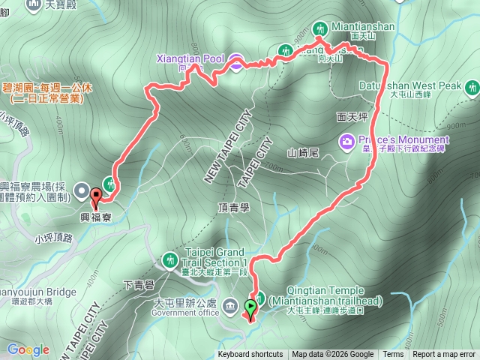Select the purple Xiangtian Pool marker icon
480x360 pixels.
tap(235, 63)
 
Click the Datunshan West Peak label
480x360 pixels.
tap(411, 85)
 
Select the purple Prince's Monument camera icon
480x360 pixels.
tap(346, 140)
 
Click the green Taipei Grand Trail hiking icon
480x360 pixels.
tap(169, 260)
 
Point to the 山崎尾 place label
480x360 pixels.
tap(304, 153)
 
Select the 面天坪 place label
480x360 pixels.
tap(352, 118)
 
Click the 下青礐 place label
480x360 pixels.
tap(138, 285)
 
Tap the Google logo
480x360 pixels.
tap(28, 349)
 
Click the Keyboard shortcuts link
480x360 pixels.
tap(250, 355)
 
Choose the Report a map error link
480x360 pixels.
tap(444, 355)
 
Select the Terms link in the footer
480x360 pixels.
tap(393, 355)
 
